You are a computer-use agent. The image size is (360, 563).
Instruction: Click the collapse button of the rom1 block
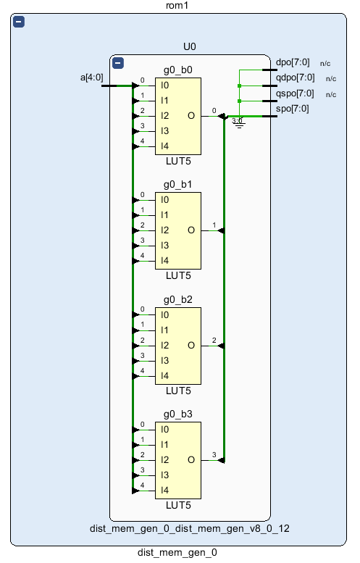(19, 22)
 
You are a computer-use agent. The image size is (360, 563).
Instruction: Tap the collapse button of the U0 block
(118, 63)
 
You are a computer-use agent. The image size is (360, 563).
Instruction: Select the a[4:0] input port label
(91, 78)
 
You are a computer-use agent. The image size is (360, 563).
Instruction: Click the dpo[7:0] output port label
(293, 62)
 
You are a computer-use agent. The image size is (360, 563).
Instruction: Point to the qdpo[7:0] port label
(295, 78)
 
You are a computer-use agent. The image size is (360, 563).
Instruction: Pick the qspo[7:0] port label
(295, 93)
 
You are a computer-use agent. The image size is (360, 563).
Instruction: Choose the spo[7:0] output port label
(292, 109)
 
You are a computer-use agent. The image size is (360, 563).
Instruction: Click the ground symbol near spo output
(239, 124)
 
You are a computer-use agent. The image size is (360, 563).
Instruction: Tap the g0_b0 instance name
(178, 70)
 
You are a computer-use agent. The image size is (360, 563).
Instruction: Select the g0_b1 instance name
(178, 185)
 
